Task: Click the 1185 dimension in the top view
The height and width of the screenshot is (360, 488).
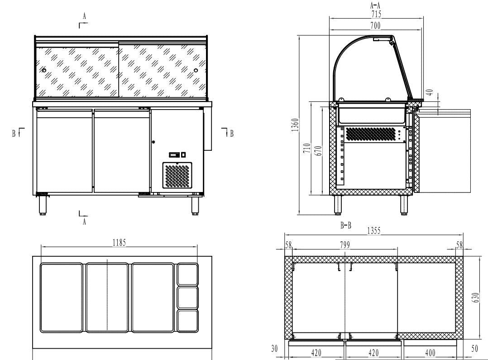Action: pos(120,242)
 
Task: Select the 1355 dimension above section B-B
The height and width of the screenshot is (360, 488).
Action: pos(373,230)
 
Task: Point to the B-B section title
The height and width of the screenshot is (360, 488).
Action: pos(346,226)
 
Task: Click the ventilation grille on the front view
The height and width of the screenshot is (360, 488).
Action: pos(177,176)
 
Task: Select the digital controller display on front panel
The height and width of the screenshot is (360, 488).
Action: pos(174,155)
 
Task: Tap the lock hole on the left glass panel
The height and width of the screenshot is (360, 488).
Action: pos(44,70)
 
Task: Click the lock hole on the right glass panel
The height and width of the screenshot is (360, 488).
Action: pos(196,70)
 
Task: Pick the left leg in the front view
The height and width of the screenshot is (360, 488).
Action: pos(43,205)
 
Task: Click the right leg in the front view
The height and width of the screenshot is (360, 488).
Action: pos(195,205)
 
